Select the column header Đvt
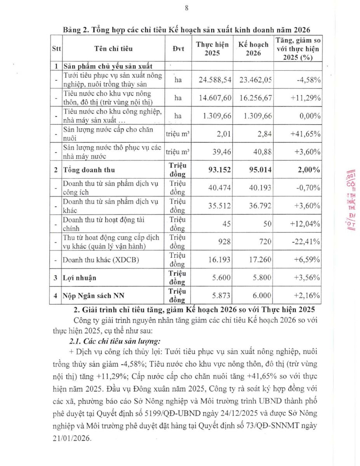[x=178, y=49]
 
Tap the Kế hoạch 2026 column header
[x=253, y=49]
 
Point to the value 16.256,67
[x=255, y=98]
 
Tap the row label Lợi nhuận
[x=80, y=278]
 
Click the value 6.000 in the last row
[x=262, y=296]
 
